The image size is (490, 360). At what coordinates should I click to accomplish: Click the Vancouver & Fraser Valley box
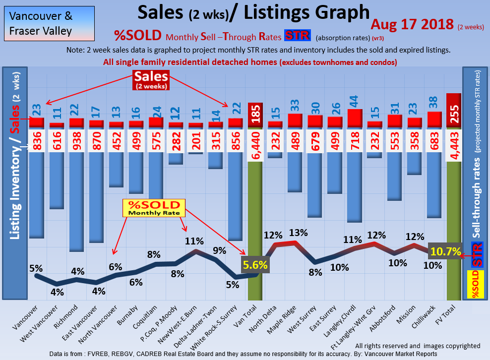(x=49, y=23)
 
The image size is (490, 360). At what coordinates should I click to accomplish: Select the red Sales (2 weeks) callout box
(x=151, y=80)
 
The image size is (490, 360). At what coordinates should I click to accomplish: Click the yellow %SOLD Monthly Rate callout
(x=155, y=208)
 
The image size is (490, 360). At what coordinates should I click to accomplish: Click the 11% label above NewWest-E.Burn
(x=194, y=241)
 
